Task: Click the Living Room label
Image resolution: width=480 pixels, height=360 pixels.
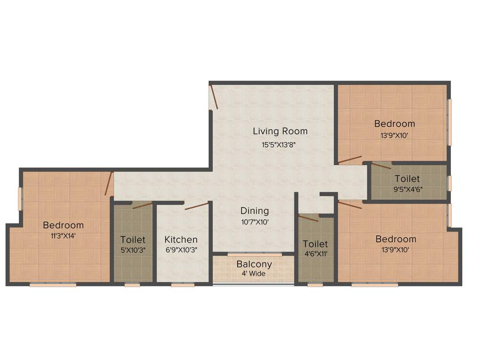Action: [280, 131]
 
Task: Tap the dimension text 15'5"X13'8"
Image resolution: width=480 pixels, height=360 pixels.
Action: [279, 145]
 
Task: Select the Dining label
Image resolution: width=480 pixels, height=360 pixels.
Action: [255, 210]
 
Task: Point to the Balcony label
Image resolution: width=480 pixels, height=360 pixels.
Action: [254, 264]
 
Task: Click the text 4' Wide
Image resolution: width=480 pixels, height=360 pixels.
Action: [254, 273]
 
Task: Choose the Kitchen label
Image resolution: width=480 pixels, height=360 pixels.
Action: [181, 240]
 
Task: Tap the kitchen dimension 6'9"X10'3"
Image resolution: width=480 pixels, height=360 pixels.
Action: [181, 250]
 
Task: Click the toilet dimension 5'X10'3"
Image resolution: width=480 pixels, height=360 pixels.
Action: [133, 250]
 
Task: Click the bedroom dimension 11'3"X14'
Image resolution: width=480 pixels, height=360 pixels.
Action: [63, 236]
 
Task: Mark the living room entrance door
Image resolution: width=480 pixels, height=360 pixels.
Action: [214, 97]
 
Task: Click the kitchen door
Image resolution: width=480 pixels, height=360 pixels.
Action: [196, 206]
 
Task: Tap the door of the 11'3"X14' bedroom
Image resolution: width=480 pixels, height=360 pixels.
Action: [109, 184]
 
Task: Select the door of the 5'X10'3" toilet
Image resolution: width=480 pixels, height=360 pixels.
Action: [142, 205]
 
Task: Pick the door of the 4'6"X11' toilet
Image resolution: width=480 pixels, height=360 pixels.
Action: [308, 218]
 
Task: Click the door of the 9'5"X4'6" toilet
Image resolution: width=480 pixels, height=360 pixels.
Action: [381, 165]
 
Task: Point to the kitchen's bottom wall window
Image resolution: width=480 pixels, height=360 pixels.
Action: [182, 285]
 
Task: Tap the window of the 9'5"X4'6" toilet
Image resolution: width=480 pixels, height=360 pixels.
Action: [449, 183]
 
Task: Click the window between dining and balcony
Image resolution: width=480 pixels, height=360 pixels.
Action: [255, 255]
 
